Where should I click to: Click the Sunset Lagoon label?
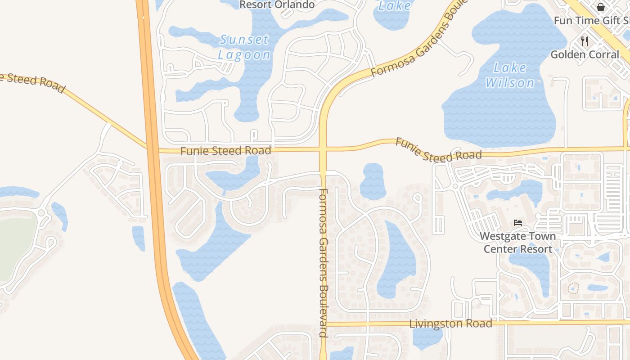[x=244, y=47]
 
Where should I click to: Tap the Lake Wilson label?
[x=509, y=75]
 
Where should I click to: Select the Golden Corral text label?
[x=585, y=55]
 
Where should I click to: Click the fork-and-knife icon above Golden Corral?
[x=585, y=41]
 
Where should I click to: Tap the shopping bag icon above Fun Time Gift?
[x=600, y=7]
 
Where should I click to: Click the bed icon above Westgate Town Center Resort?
[x=518, y=223]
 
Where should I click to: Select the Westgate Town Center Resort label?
[x=517, y=243]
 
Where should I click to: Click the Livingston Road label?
[x=450, y=324]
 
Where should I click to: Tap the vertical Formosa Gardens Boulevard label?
[x=323, y=263]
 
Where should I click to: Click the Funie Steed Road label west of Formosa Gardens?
[x=225, y=151]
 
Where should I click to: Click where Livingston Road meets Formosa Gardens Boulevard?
[x=323, y=324]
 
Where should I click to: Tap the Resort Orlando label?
[x=277, y=5]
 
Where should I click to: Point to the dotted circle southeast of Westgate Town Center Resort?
[x=573, y=288]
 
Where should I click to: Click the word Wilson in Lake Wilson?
[x=509, y=83]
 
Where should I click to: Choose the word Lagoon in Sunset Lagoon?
[x=244, y=55]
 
